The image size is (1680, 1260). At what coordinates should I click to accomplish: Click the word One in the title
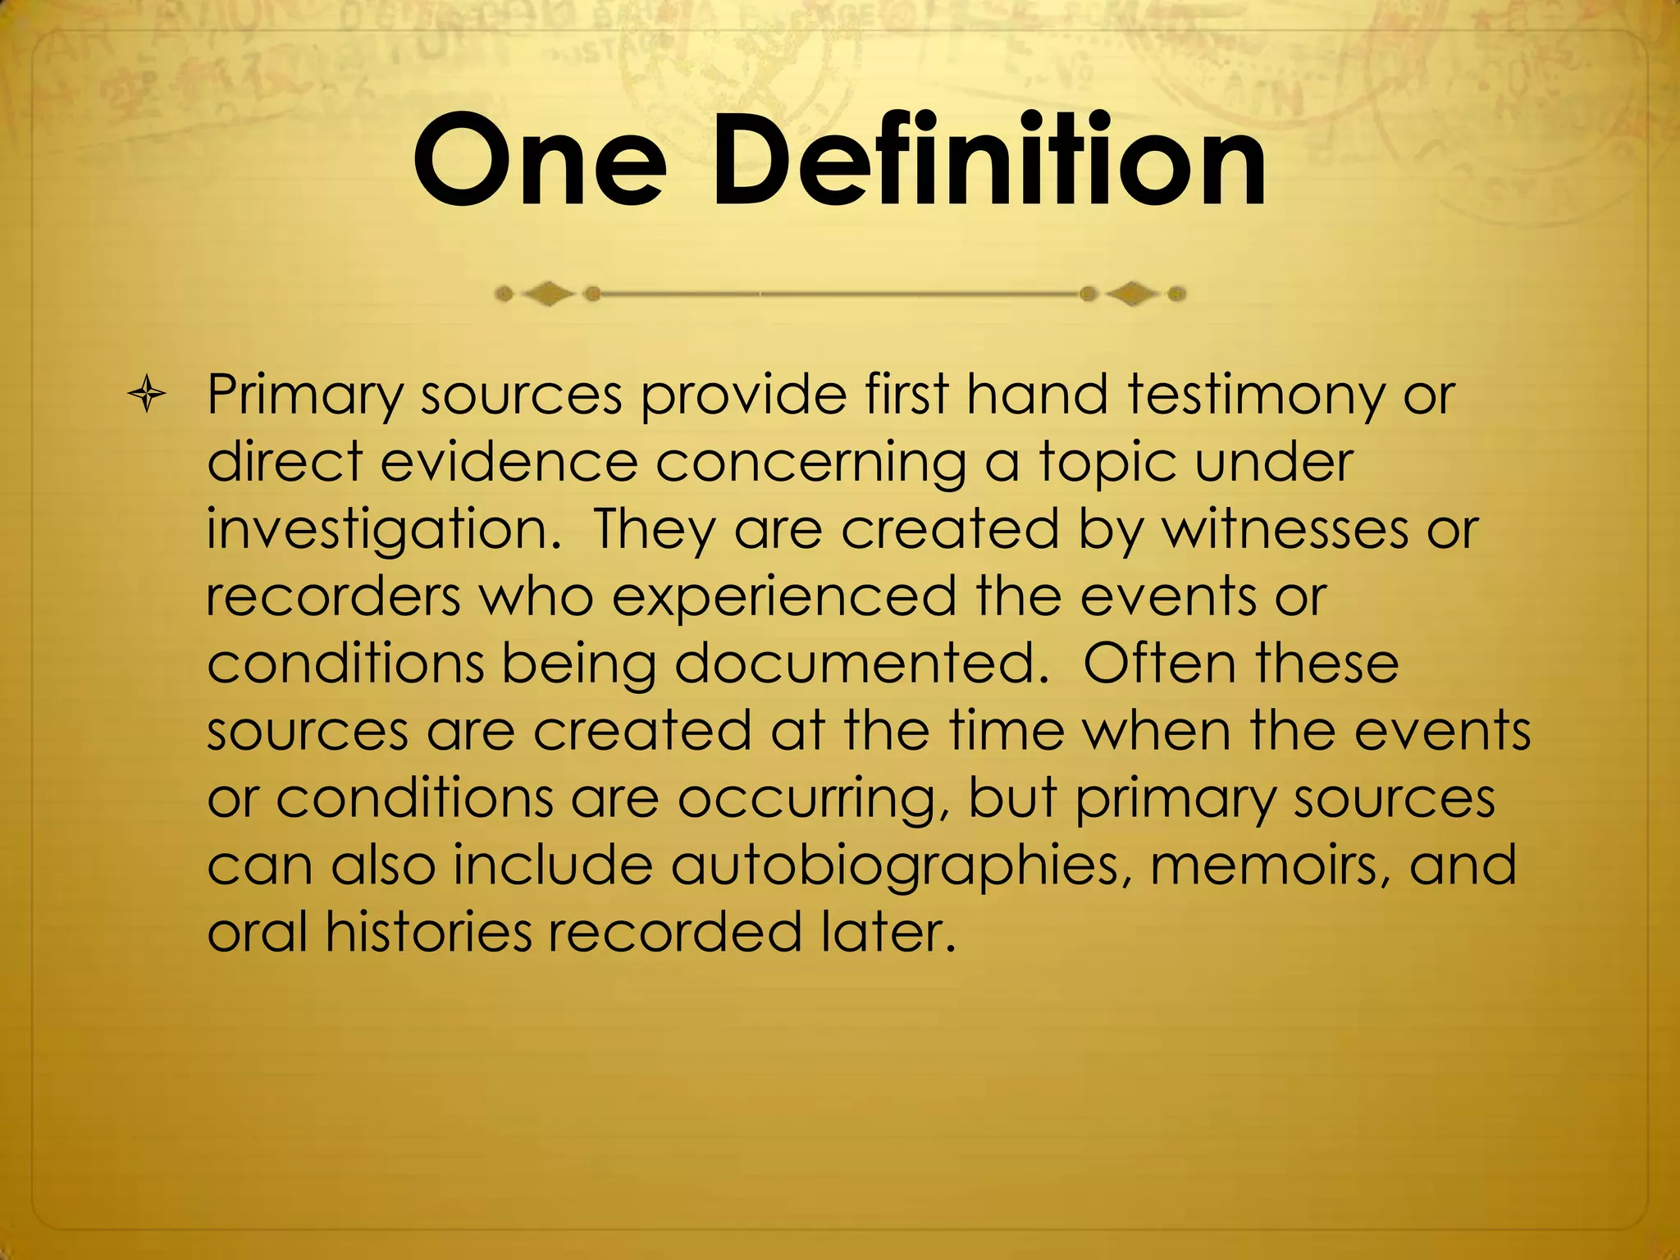(538, 161)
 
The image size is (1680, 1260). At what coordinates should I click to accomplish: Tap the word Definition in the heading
(989, 161)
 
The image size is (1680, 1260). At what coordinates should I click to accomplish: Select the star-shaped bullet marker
(148, 396)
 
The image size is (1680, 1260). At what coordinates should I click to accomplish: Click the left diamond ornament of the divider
(547, 294)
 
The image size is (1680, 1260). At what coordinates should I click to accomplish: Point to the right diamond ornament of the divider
(1133, 294)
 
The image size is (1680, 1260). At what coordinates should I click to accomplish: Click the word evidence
(509, 462)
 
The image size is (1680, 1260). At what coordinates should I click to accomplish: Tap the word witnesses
(1285, 529)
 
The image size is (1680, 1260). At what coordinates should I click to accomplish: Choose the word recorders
(333, 596)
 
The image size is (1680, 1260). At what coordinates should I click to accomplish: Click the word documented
(861, 664)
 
